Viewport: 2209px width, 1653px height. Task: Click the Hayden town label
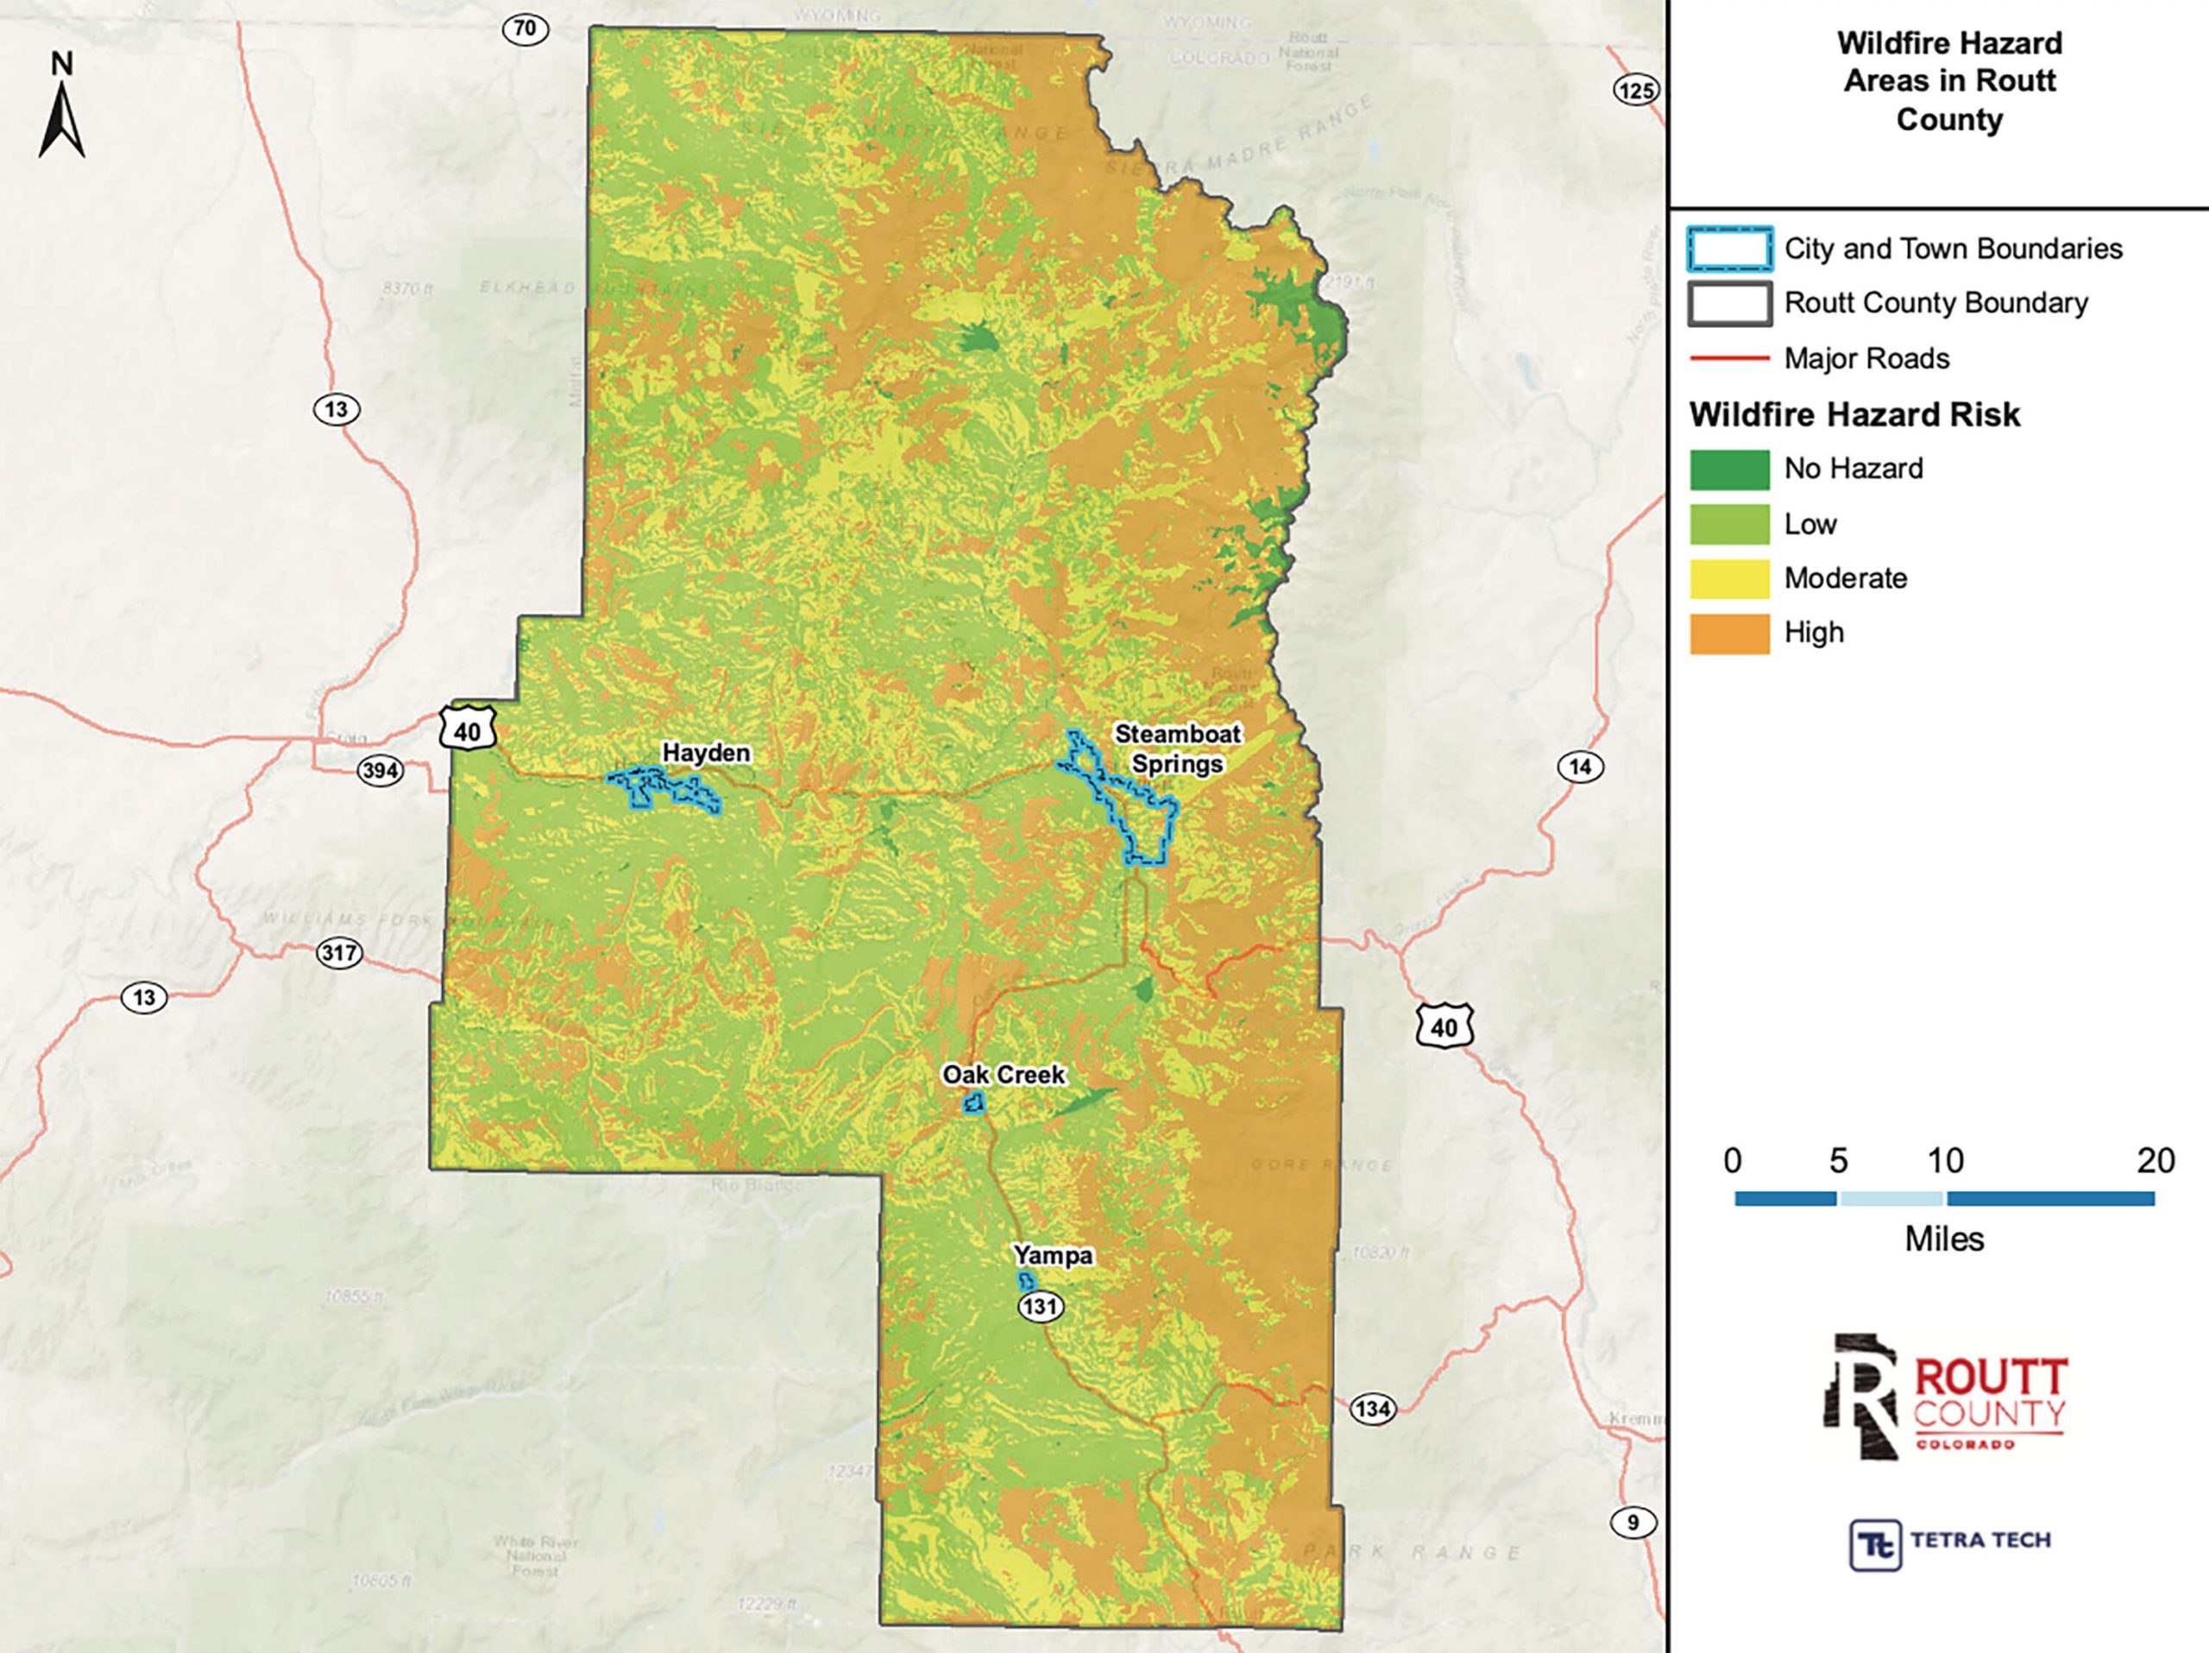point(706,753)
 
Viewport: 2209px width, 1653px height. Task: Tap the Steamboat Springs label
point(1177,749)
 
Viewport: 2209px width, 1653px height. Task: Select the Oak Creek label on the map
point(1004,1075)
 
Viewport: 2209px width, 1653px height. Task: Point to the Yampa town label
point(1053,1255)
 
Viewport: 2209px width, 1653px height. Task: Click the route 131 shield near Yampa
point(1041,1305)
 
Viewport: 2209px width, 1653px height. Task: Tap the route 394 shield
point(380,770)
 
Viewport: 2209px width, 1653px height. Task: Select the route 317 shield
point(338,953)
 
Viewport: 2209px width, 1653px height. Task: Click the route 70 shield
point(526,29)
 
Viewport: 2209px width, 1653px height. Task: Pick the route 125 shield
point(1636,91)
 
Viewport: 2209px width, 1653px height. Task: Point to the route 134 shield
point(1372,1410)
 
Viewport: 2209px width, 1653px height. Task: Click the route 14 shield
point(1580,767)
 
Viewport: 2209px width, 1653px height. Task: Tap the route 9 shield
point(1633,1524)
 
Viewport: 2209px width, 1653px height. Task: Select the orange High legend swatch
point(1729,634)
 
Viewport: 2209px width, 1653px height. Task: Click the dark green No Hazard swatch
point(1729,470)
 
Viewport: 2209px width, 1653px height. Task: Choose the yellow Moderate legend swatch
point(1729,578)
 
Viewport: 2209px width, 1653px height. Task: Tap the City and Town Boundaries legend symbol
point(1729,249)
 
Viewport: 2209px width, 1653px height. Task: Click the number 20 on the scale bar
point(2156,1161)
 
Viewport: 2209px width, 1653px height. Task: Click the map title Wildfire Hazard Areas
point(1948,81)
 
